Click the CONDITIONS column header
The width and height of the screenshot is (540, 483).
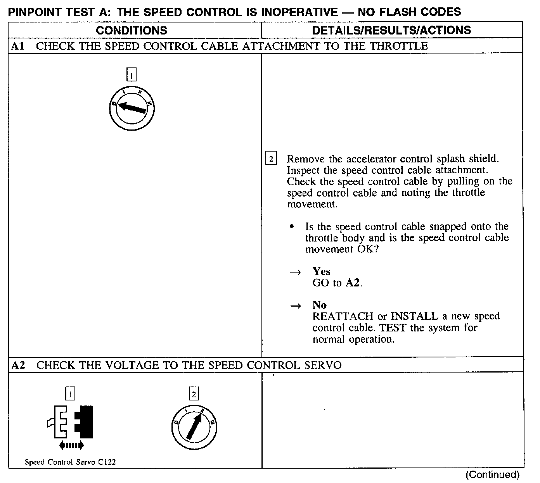[x=132, y=30]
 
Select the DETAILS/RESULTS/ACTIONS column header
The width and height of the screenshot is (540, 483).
[x=391, y=30]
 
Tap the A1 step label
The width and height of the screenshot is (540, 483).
[x=18, y=46]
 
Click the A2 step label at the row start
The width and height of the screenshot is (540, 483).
[x=18, y=365]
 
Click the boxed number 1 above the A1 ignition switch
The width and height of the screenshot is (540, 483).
[x=132, y=74]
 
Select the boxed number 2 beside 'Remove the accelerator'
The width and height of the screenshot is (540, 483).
[x=271, y=159]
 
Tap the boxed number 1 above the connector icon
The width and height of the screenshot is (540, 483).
[x=70, y=394]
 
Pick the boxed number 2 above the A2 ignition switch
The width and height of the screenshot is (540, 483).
[x=194, y=394]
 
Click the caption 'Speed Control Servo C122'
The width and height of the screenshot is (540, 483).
[x=70, y=462]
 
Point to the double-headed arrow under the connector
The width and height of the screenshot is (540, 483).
[x=71, y=445]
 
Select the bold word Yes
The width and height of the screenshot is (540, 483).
[x=321, y=271]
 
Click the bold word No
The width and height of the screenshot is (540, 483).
[x=319, y=305]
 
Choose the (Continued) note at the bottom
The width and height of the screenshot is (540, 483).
[x=492, y=474]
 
